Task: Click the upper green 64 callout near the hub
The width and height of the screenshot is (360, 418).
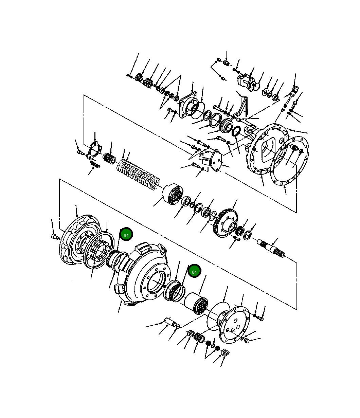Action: (126, 235)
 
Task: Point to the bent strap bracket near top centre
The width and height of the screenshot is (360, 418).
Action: (243, 104)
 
